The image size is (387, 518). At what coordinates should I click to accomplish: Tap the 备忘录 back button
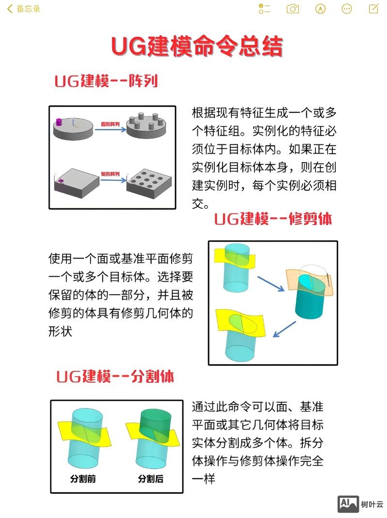[x=24, y=9]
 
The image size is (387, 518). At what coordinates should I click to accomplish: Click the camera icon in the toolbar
[x=293, y=9]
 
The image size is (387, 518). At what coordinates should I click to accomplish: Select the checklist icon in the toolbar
[x=265, y=9]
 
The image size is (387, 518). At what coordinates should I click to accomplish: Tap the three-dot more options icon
[x=347, y=9]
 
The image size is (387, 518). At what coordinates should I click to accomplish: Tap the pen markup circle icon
[x=320, y=9]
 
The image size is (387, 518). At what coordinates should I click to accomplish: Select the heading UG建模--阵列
[x=106, y=81]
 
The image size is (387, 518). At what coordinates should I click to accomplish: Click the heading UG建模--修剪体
[x=273, y=219]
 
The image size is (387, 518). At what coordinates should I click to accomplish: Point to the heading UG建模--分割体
[x=115, y=376]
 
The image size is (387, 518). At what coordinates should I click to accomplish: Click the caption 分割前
[x=83, y=479]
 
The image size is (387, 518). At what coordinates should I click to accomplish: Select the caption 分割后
[x=150, y=479]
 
